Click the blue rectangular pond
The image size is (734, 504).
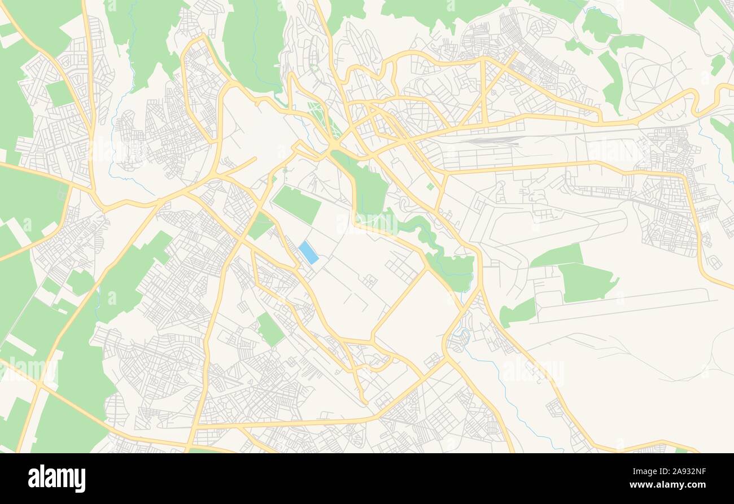tap(308, 252)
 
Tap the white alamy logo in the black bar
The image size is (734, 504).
tap(56, 479)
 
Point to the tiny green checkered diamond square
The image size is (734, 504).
tap(430, 186)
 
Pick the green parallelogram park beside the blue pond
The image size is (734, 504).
tap(296, 204)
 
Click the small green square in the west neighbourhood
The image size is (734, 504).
tap(59, 93)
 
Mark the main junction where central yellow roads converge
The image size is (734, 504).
tap(334, 146)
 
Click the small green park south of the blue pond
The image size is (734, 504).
tap(270, 329)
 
